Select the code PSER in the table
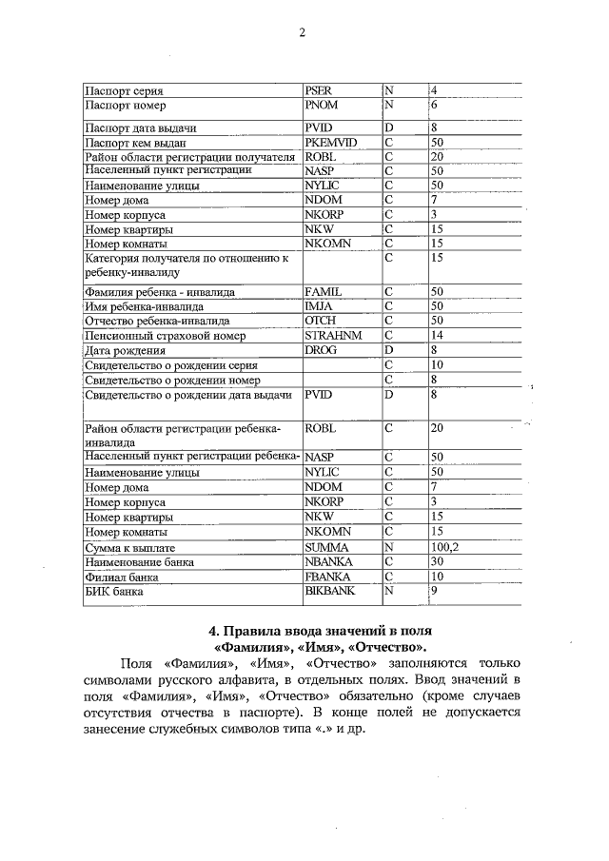click(318, 90)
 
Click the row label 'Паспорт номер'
click(127, 105)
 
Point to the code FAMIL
click(323, 292)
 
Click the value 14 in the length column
click(438, 336)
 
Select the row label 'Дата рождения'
click(119, 350)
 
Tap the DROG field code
click(321, 350)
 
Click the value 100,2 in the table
click(445, 548)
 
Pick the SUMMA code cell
click(326, 548)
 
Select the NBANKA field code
click(328, 562)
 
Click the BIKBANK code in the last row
click(329, 591)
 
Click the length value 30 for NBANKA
click(438, 562)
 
